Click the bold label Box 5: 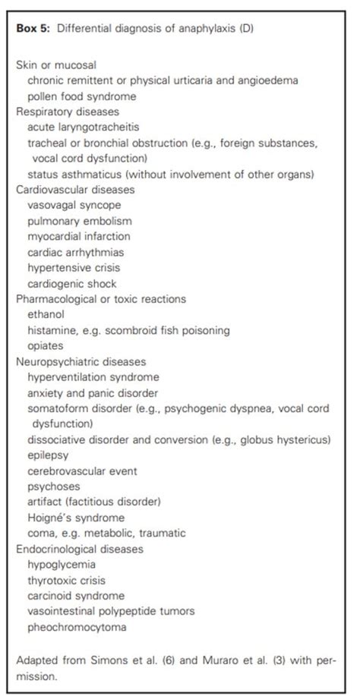click(x=33, y=29)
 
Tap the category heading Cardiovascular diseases click(x=74, y=189)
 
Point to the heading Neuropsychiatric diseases click(x=76, y=361)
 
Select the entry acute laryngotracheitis click(x=81, y=126)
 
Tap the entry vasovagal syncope click(x=74, y=205)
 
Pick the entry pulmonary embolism click(x=79, y=221)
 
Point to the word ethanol click(x=46, y=314)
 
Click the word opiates click(x=45, y=345)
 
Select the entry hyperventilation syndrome click(x=93, y=377)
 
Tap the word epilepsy click(x=48, y=455)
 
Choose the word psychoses click(x=52, y=487)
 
